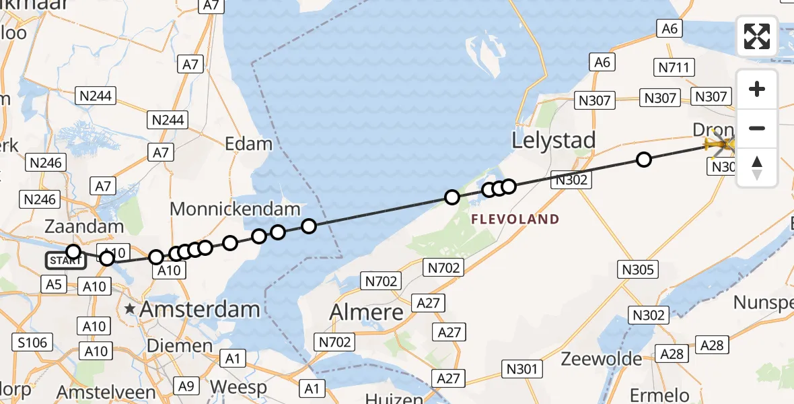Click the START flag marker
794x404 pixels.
[66, 261]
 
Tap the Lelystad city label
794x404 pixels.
[554, 141]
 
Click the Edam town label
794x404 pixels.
[249, 144]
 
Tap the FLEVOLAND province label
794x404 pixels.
[515, 219]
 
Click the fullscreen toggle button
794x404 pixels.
[757, 36]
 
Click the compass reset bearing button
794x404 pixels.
[757, 168]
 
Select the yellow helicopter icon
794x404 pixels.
[719, 143]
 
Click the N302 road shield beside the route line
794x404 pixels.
[571, 180]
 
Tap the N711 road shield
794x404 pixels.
[673, 67]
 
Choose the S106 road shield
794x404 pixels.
[33, 343]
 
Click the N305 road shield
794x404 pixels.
[637, 270]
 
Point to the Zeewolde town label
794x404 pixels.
[602, 358]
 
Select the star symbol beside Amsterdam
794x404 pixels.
[131, 310]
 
